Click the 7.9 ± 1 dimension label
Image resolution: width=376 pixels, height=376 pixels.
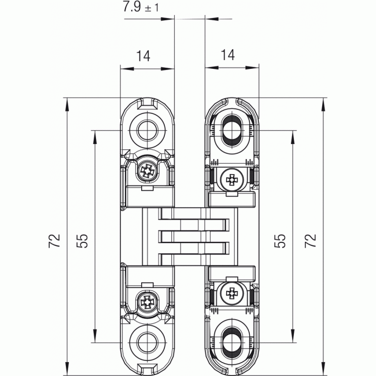[140, 8]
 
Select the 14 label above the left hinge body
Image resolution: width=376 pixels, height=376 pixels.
[143, 56]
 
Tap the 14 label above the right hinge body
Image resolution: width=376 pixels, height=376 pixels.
[228, 56]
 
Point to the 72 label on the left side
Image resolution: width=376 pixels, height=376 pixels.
[54, 241]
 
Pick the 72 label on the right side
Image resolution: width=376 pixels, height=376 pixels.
[311, 241]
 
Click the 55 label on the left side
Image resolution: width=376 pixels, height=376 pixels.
[82, 241]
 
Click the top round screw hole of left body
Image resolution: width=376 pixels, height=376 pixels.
[147, 130]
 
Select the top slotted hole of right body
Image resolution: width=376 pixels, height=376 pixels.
[232, 130]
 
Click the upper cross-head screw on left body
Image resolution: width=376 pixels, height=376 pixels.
[147, 171]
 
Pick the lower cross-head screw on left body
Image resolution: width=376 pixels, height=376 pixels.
[147, 301]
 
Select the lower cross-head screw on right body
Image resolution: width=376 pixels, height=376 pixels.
[232, 293]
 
